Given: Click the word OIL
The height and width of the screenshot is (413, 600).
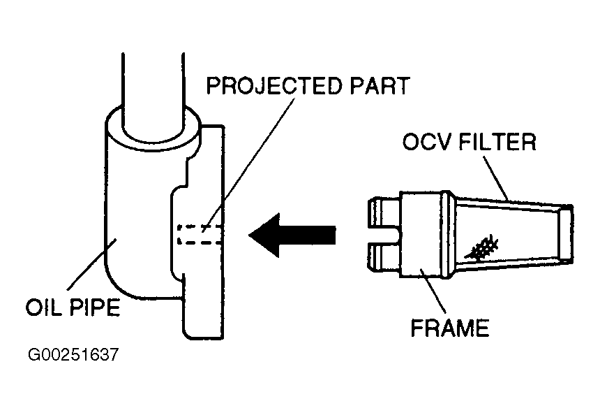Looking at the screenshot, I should coord(43,308).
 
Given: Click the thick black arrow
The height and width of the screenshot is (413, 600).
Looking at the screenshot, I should coord(292,233).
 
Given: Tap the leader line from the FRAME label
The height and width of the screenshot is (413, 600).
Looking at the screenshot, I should coord(433,294).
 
